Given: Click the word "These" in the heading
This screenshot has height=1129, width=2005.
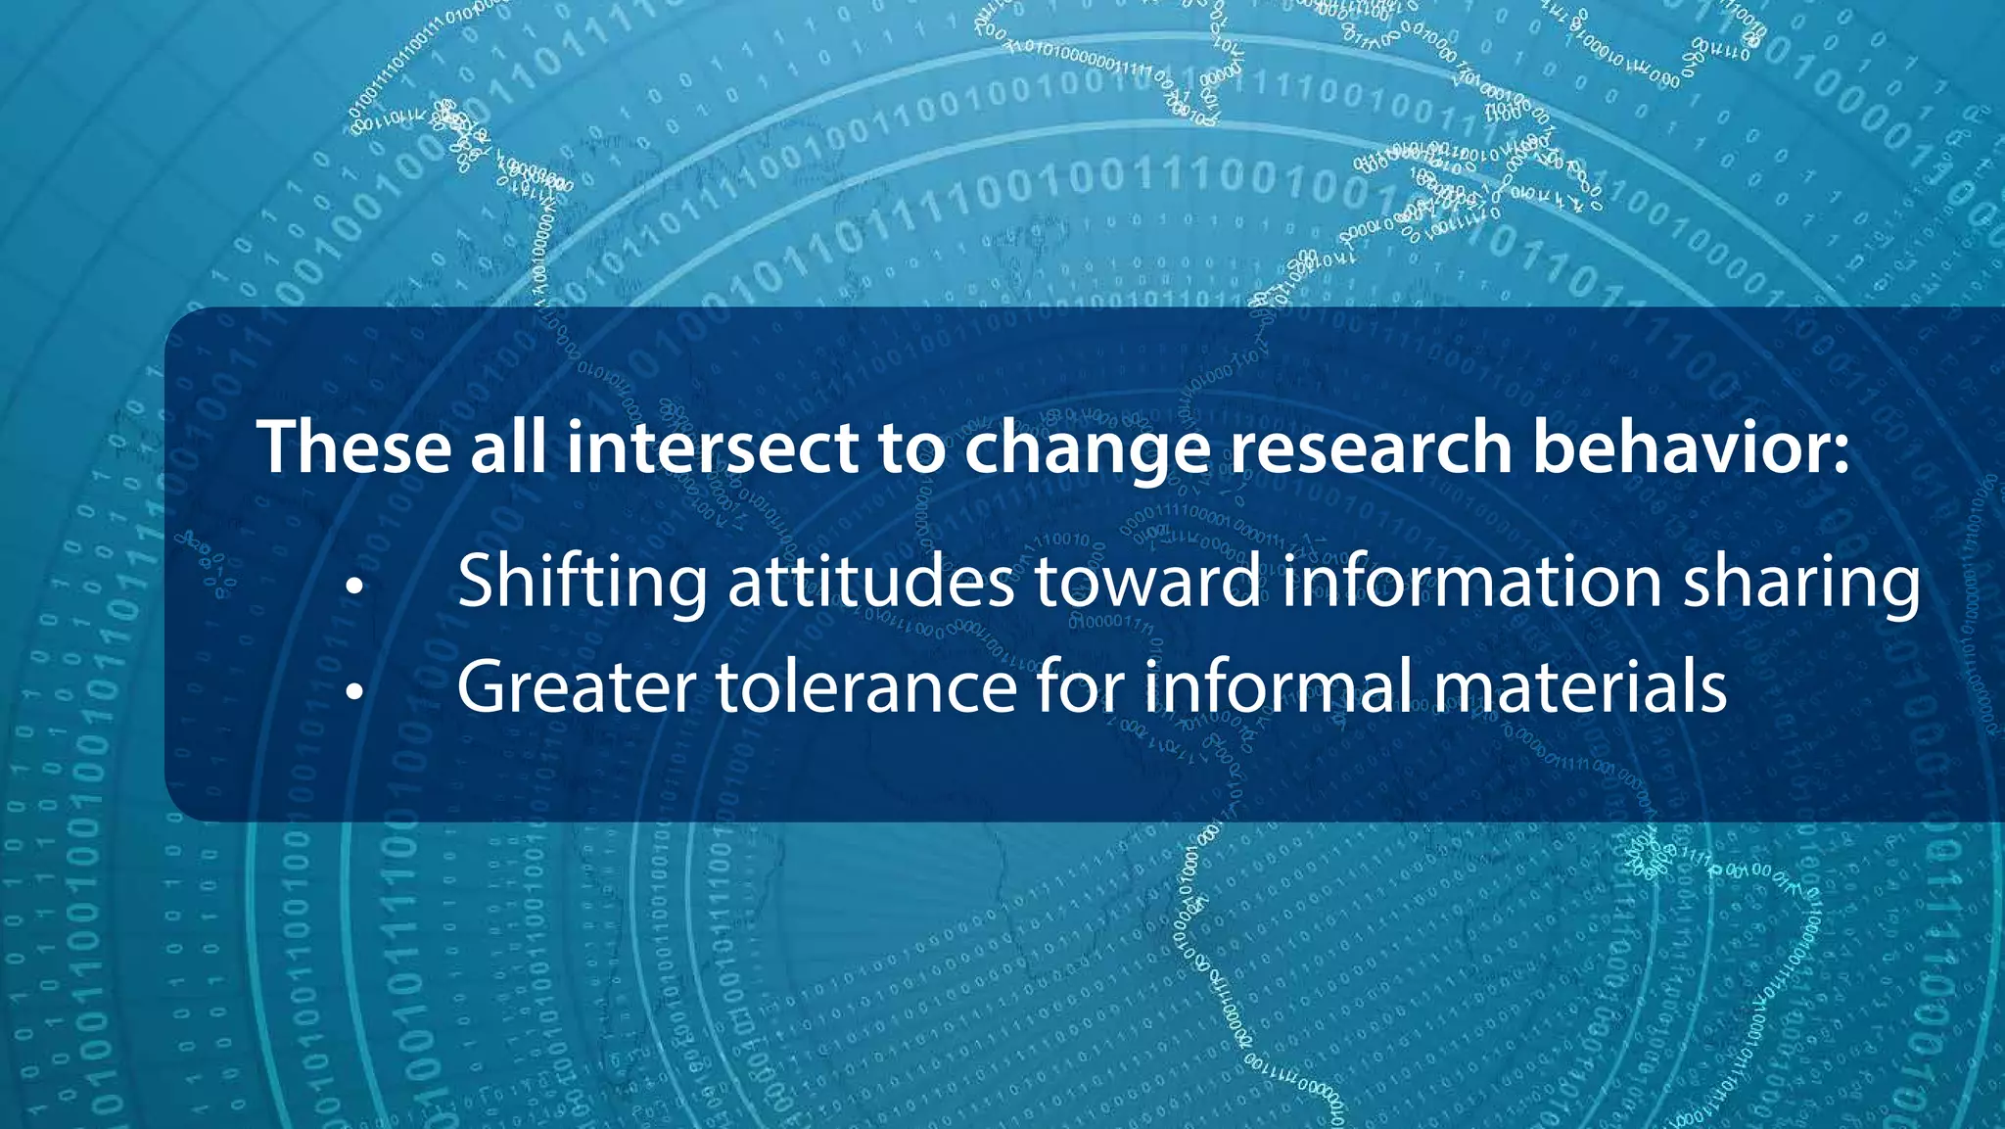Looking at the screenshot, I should pyautogui.click(x=353, y=447).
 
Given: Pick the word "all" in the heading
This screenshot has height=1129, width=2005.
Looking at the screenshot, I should pyautogui.click(x=508, y=447).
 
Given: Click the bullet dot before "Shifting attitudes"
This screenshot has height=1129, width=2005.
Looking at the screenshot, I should pyautogui.click(x=354, y=588).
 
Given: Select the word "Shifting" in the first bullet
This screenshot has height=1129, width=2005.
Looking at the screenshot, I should pyautogui.click(x=582, y=582).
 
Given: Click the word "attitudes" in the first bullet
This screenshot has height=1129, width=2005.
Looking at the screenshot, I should pyautogui.click(x=870, y=582).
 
